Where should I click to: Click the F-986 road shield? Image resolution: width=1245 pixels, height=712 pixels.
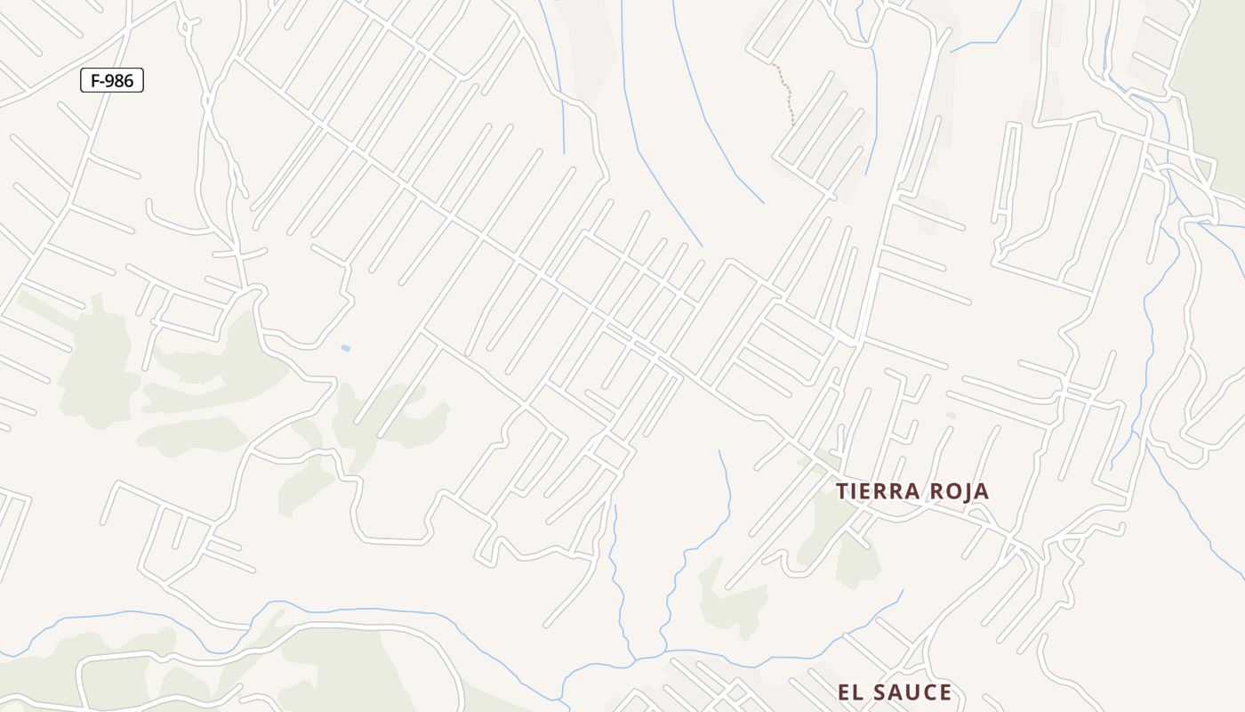click(x=112, y=81)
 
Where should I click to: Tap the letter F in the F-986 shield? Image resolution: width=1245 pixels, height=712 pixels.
click(x=96, y=81)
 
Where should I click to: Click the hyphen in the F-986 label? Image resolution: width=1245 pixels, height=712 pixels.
click(x=103, y=82)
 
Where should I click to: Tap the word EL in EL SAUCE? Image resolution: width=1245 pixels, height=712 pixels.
click(x=849, y=692)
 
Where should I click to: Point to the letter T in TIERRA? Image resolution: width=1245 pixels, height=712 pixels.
click(x=842, y=491)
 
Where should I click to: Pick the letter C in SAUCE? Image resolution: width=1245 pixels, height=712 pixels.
click(x=931, y=692)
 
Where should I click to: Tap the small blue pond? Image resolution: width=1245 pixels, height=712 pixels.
click(x=345, y=347)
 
